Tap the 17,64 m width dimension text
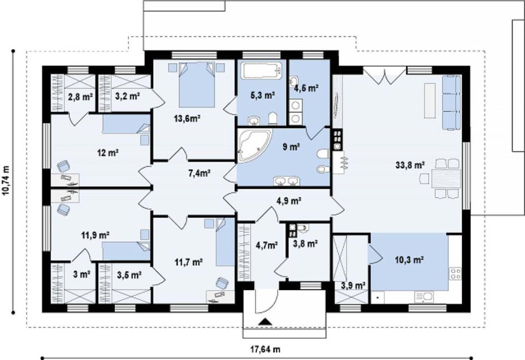click(265, 349)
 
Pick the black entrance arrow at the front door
click(265, 322)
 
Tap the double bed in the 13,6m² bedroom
click(197, 84)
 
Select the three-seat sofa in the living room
click(452, 102)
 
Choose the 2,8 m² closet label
click(80, 97)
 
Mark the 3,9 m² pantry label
click(353, 286)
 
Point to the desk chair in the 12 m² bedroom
click(64, 166)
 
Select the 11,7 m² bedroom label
click(189, 262)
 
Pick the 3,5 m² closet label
click(129, 275)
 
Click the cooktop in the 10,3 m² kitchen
click(455, 273)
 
